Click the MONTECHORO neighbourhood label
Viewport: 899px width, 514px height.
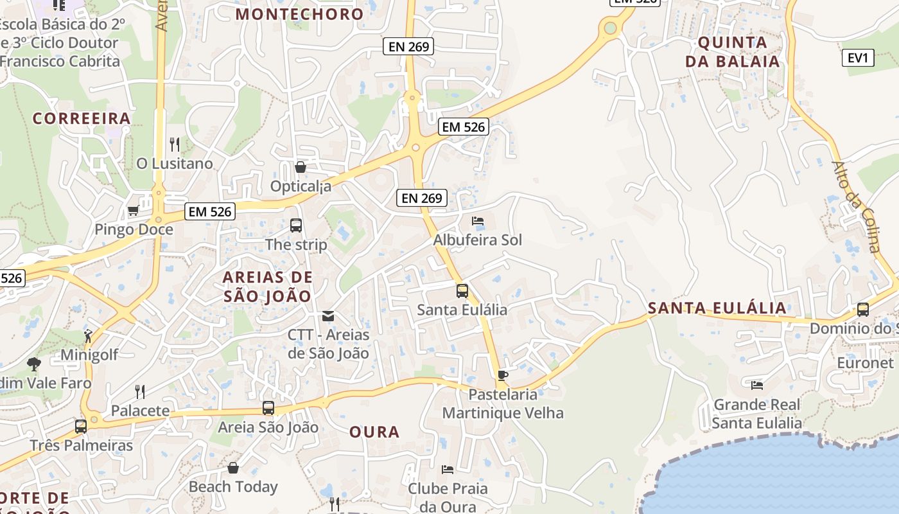coord(299,13)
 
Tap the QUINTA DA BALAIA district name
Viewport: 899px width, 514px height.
coord(732,52)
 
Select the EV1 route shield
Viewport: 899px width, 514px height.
coord(858,58)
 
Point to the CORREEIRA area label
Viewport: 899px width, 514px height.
coord(82,118)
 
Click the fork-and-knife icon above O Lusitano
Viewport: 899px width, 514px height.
coord(174,143)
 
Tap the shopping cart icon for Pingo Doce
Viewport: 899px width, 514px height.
coord(134,210)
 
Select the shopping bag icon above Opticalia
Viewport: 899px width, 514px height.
coord(300,167)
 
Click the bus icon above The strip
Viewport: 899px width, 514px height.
coord(296,225)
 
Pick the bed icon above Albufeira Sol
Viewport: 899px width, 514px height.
coord(478,221)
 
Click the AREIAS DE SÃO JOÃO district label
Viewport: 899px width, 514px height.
coord(268,287)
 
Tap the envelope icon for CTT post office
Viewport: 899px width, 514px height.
coord(328,315)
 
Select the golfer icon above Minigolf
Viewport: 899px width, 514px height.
coord(89,335)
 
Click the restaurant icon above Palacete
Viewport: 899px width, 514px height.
coord(140,391)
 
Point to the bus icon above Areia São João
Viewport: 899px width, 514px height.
coord(268,408)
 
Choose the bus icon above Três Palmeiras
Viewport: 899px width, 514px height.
coord(81,426)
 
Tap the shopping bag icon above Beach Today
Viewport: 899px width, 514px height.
coord(233,467)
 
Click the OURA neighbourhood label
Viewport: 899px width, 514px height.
coord(374,432)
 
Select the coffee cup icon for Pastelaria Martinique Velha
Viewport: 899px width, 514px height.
coord(503,375)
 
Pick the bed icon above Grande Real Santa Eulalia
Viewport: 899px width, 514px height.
coord(757,385)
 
